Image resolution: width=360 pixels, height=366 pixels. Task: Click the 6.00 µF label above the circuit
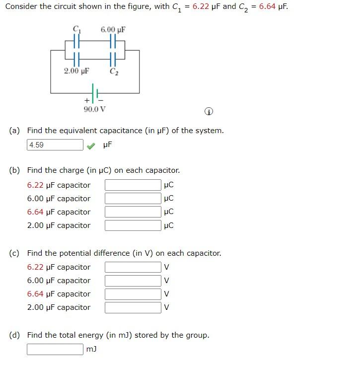point(113,30)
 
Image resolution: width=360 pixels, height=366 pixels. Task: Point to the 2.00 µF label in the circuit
point(76,71)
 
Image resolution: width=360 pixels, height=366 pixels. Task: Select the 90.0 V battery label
point(95,109)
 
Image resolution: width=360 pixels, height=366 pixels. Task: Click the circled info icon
point(209,112)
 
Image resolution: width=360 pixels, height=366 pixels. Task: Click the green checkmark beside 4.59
point(90,146)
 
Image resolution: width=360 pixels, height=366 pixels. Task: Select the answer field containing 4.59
point(55,145)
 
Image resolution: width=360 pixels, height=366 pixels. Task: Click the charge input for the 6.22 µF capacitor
point(133,185)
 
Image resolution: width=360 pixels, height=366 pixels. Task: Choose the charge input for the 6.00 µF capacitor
point(133,199)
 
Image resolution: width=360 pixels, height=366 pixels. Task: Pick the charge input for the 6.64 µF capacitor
point(133,212)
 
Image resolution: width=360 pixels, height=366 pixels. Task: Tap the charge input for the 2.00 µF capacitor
point(133,225)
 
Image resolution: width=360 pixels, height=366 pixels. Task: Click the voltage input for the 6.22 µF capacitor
point(133,267)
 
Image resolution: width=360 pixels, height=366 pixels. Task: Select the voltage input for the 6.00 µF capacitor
point(133,281)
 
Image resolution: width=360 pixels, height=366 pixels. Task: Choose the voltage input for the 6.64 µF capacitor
point(133,294)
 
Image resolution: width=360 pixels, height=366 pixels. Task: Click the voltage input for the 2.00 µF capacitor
point(133,307)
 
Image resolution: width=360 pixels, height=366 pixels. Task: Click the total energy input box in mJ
point(55,349)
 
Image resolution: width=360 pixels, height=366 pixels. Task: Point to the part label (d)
point(15,335)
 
